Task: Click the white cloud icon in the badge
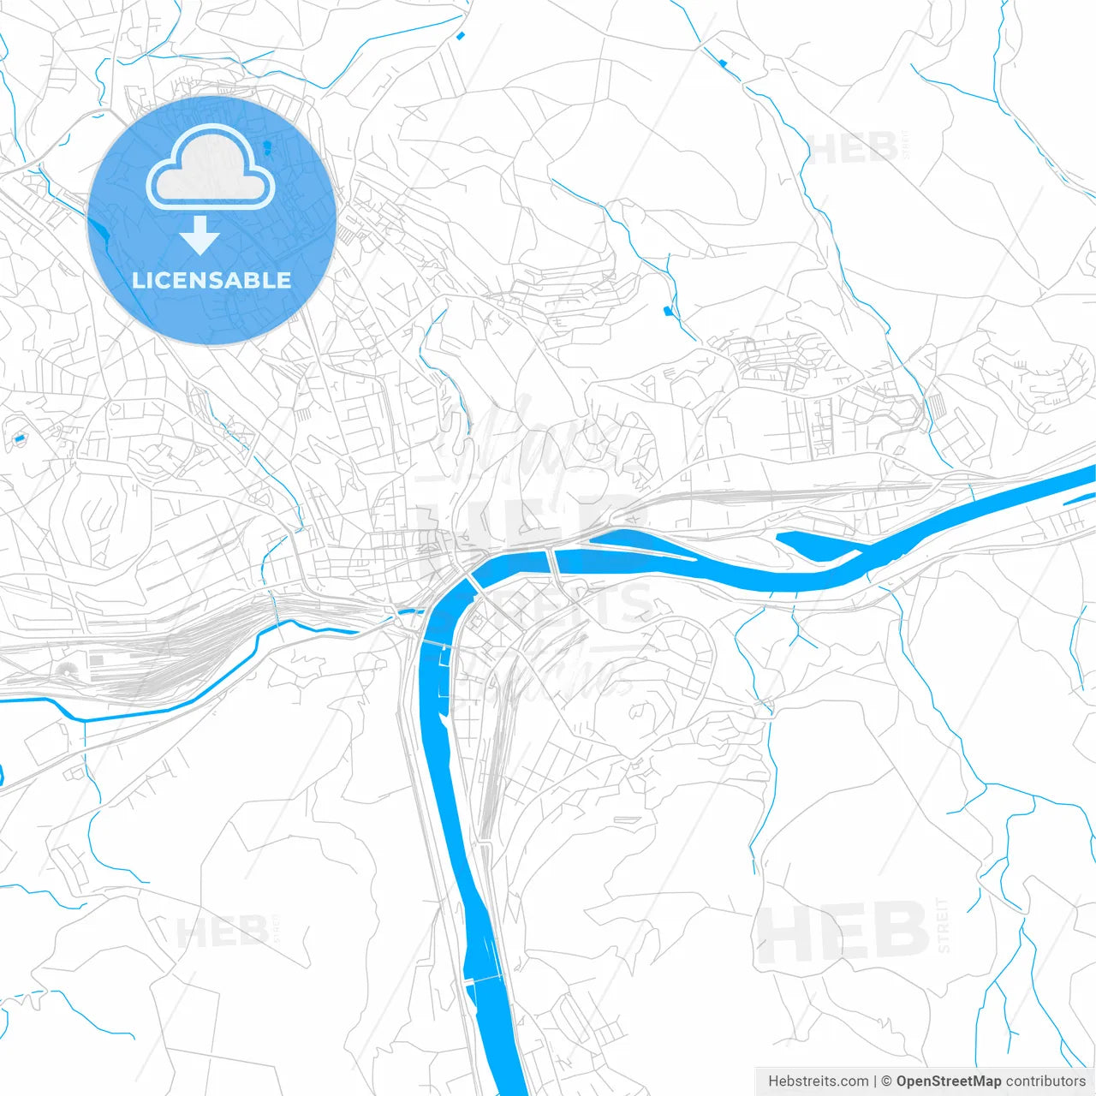click(x=211, y=168)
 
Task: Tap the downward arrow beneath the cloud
click(x=200, y=235)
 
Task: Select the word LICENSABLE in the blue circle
click(x=211, y=280)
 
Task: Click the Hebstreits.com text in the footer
click(x=818, y=1081)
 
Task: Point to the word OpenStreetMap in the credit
click(x=948, y=1081)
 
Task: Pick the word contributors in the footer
click(x=1045, y=1081)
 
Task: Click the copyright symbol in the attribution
click(x=886, y=1081)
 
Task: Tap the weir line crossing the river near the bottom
click(x=485, y=979)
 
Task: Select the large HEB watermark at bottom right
click(x=843, y=932)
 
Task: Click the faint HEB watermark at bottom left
click(x=221, y=932)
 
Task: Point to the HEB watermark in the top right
click(x=853, y=150)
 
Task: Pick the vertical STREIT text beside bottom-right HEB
click(x=944, y=925)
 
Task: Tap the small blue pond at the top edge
click(x=461, y=35)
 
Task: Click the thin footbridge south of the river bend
click(x=434, y=643)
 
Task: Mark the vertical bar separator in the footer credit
click(x=875, y=1081)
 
